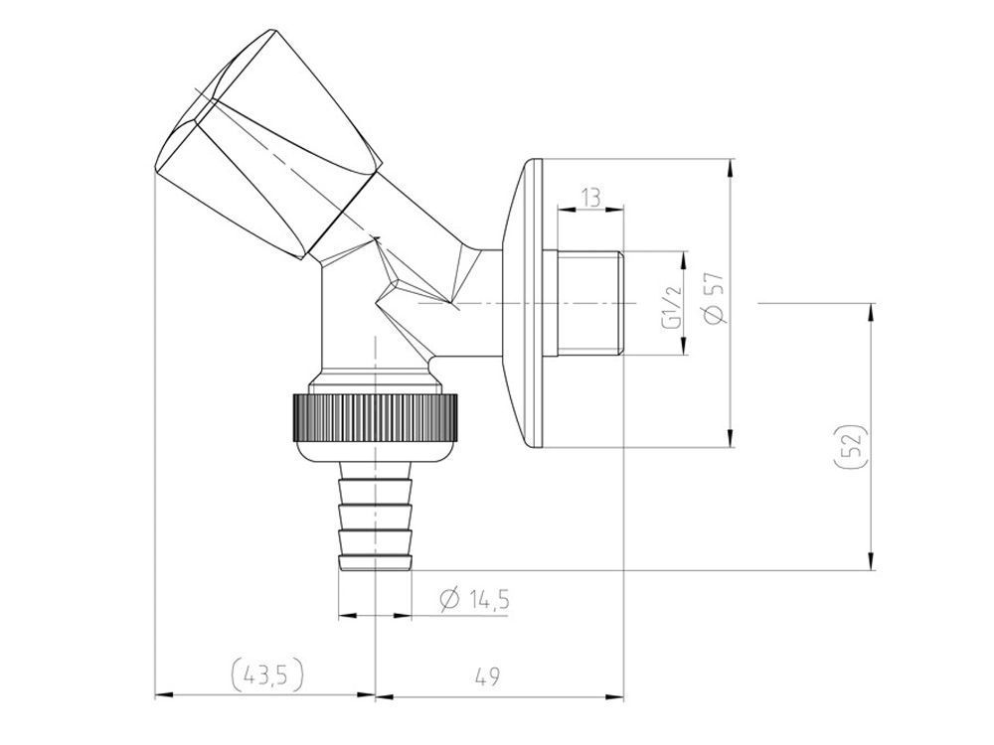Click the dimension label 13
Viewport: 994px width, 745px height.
pyautogui.click(x=590, y=199)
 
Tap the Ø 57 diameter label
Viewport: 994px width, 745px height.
pyautogui.click(x=714, y=298)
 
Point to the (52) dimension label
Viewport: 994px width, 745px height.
pyautogui.click(x=852, y=447)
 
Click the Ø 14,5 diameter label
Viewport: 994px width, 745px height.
pyautogui.click(x=475, y=599)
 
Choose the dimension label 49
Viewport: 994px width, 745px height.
pyautogui.click(x=487, y=675)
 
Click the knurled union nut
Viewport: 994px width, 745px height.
pyautogui.click(x=376, y=417)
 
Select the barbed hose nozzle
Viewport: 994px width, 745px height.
pyautogui.click(x=376, y=517)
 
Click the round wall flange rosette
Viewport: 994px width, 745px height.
pyautogui.click(x=524, y=303)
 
